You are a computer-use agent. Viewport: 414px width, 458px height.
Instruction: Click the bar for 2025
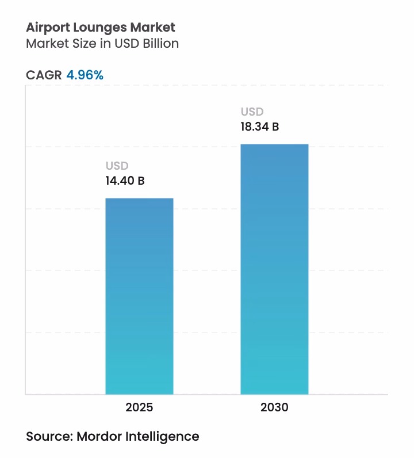coord(139,296)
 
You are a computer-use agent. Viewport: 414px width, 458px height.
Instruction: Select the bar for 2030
coord(274,269)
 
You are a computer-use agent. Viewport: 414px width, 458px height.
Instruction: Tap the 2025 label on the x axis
coord(139,408)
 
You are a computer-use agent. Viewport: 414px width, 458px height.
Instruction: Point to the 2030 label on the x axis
coord(274,408)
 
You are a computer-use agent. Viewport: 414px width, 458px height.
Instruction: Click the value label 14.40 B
coord(125,181)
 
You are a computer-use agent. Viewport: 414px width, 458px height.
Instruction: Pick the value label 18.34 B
coord(260,127)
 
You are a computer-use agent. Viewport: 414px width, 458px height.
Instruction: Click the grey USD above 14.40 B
coord(117,166)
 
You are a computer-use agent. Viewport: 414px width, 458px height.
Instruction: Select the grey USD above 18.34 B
coord(252,112)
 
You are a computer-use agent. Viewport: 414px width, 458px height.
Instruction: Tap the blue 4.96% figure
coord(85,75)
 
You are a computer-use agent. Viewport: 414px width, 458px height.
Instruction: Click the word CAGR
coord(44,75)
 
